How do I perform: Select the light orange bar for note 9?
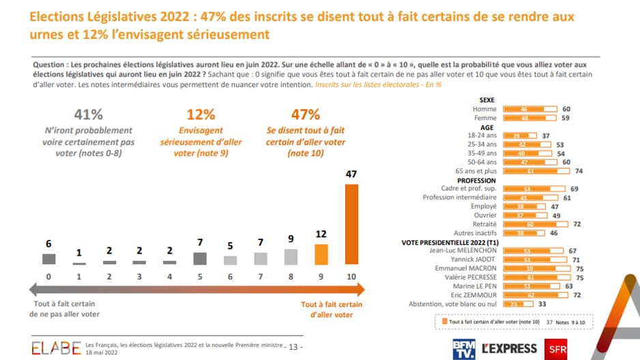pyautogui.click(x=321, y=254)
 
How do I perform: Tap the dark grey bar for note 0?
pyautogui.click(x=48, y=259)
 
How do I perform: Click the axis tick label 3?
pyautogui.click(x=139, y=277)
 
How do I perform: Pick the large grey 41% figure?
pyautogui.click(x=88, y=114)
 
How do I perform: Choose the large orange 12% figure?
pyautogui.click(x=201, y=114)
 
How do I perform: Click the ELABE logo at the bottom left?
pyautogui.click(x=55, y=348)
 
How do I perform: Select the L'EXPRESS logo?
pyautogui.click(x=509, y=348)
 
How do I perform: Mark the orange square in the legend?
pyautogui.click(x=443, y=320)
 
